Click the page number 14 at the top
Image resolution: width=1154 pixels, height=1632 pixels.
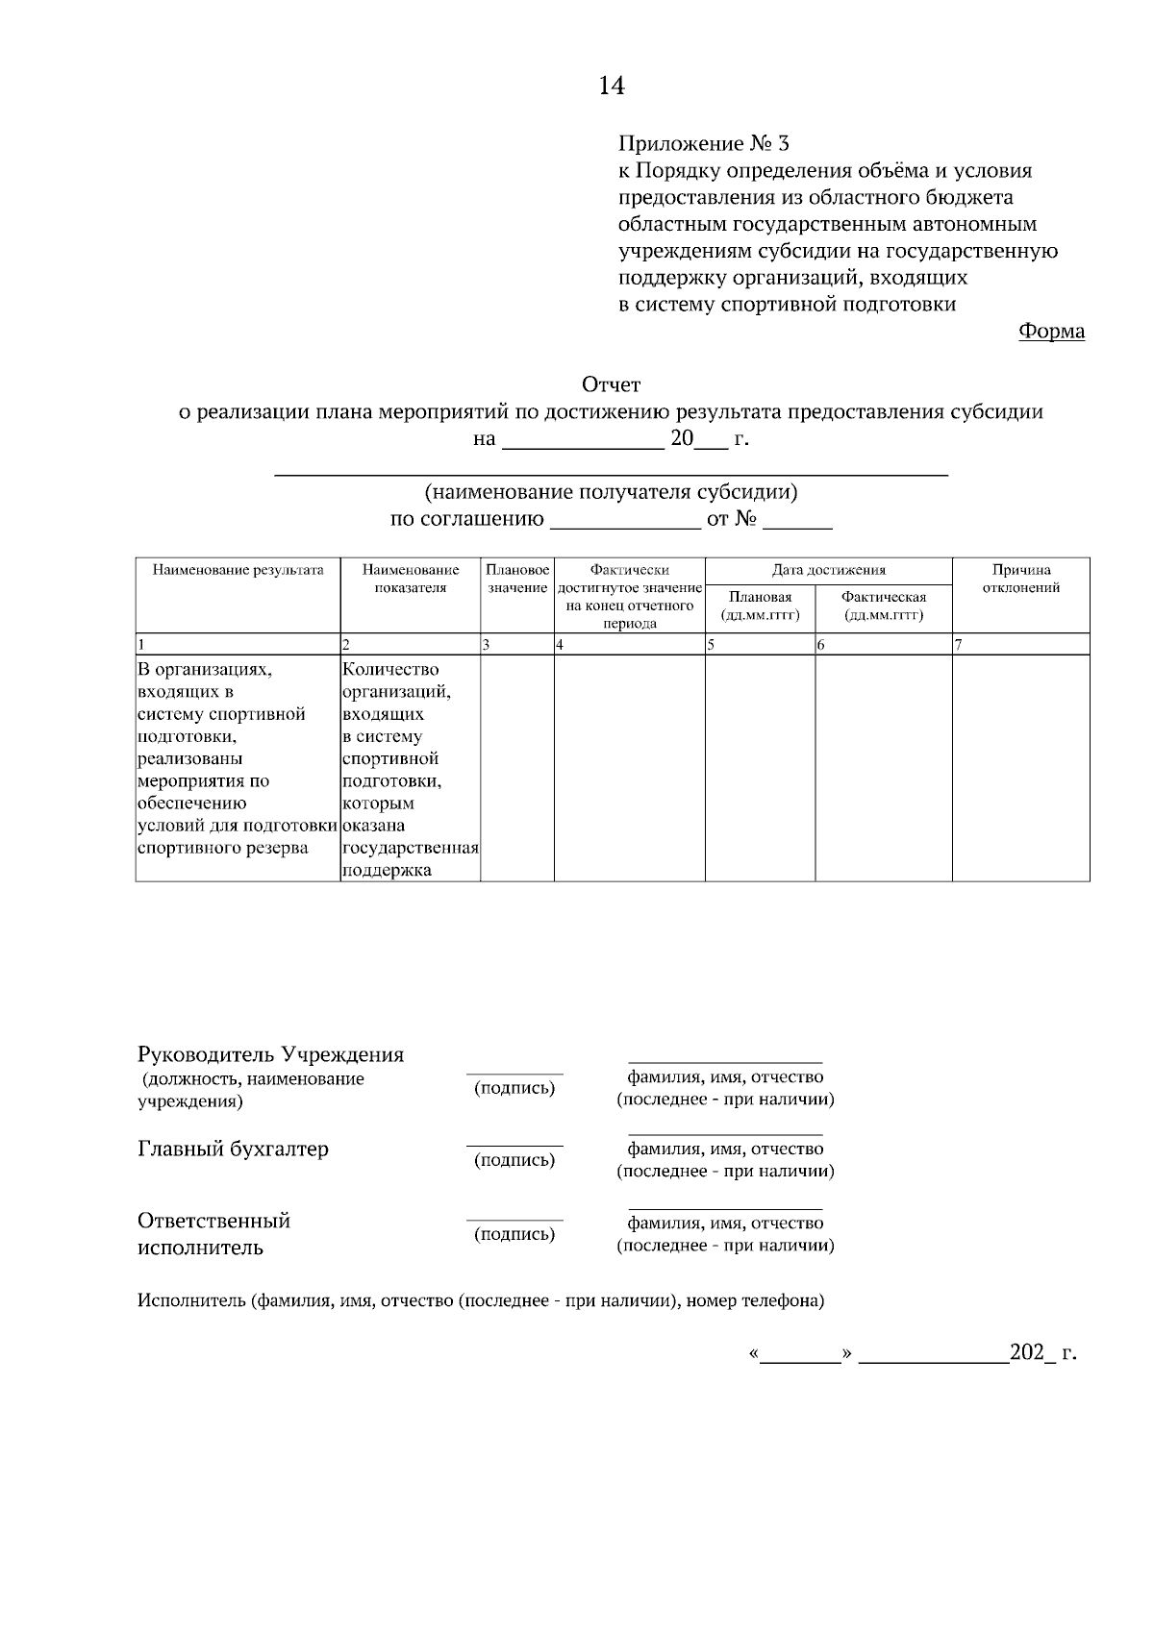click(x=612, y=87)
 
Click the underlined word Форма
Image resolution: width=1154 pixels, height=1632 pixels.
click(x=1051, y=332)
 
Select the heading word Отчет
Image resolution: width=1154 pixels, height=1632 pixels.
click(x=611, y=385)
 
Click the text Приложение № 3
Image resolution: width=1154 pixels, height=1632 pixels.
click(x=703, y=144)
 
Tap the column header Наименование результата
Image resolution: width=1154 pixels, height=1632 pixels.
click(x=238, y=570)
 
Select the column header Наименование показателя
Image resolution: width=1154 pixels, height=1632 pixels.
click(x=411, y=579)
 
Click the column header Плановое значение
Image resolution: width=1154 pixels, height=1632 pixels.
click(x=517, y=579)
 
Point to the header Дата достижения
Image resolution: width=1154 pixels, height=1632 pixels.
click(x=828, y=570)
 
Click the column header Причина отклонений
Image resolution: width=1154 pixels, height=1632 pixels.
click(x=1020, y=579)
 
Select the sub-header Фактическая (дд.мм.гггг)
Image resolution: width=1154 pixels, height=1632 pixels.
click(x=883, y=606)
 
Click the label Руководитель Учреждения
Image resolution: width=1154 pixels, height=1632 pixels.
click(x=270, y=1054)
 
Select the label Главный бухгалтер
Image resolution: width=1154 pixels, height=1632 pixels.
click(x=233, y=1150)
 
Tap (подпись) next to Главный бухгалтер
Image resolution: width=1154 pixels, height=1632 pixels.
click(x=514, y=1160)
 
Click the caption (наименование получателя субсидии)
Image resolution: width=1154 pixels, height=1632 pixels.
click(x=612, y=493)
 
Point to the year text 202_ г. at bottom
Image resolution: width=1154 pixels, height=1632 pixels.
click(x=1042, y=1353)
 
